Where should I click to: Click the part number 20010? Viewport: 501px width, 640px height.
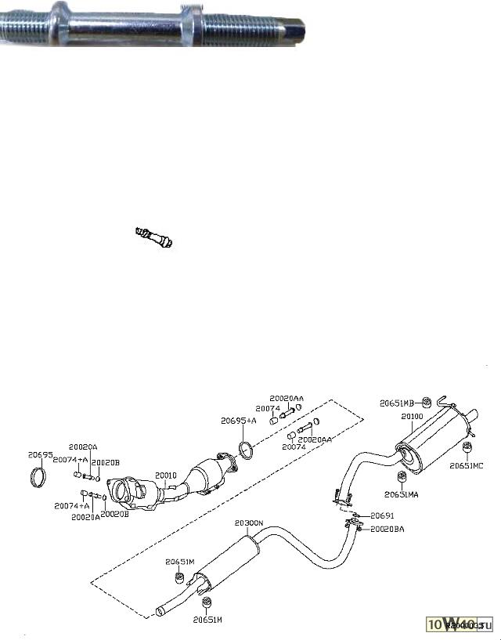[x=166, y=475]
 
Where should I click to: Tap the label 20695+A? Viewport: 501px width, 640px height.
[x=237, y=421]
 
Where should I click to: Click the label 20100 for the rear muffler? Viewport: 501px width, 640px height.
[x=412, y=416]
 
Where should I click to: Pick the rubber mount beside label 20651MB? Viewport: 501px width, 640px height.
[x=428, y=403]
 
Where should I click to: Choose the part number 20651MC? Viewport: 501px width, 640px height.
[x=467, y=465]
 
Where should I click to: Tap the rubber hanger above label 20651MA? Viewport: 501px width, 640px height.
[x=402, y=478]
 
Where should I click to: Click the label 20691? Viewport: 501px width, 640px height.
[x=384, y=515]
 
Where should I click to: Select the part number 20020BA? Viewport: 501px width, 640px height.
[x=388, y=529]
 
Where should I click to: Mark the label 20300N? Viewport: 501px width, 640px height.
[x=249, y=522]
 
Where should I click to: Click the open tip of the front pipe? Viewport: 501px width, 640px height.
[x=160, y=610]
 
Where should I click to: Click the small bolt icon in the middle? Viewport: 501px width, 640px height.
[x=153, y=235]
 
